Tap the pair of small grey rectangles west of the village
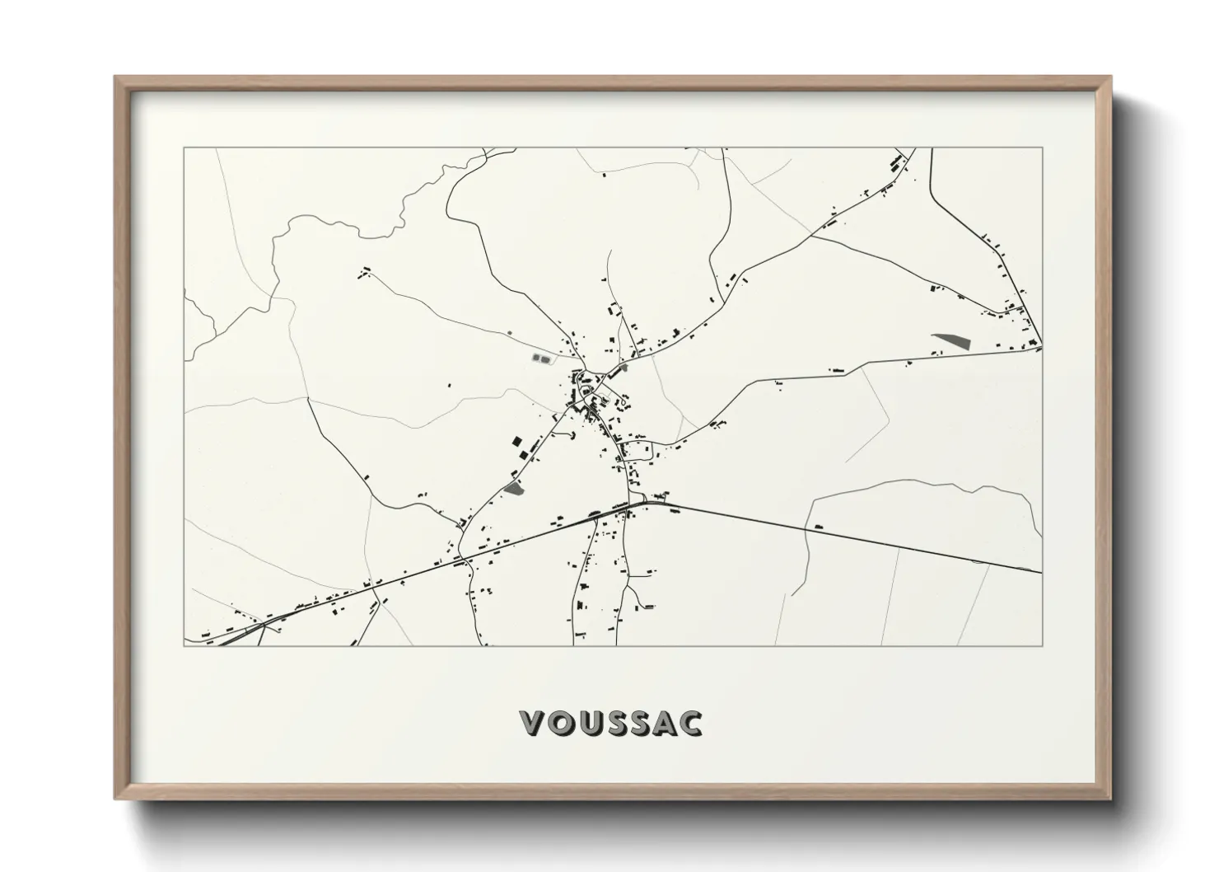click(541, 359)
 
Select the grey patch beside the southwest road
click(513, 489)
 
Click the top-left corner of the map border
click(184, 148)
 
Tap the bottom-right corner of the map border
click(1042, 645)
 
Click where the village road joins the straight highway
click(651, 502)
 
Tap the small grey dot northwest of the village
click(509, 333)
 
